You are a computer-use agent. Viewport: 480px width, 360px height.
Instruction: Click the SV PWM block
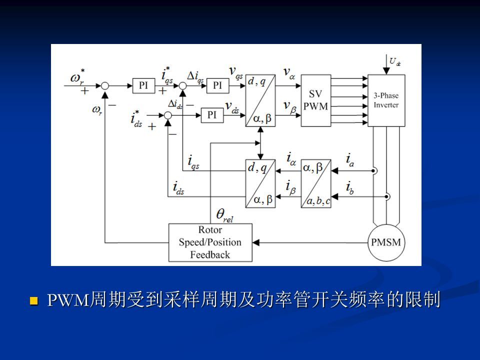click(x=315, y=100)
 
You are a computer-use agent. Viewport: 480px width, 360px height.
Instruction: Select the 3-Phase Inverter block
click(x=386, y=100)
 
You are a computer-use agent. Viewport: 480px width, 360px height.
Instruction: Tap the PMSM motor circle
click(x=386, y=242)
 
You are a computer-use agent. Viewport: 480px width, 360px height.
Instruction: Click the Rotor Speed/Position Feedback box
click(x=210, y=242)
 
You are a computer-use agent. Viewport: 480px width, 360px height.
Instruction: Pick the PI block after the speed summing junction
click(x=143, y=85)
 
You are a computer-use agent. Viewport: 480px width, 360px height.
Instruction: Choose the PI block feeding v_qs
click(x=217, y=85)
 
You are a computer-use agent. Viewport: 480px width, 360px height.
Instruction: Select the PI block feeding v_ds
click(x=212, y=115)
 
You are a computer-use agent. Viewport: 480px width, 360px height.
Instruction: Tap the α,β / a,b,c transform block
click(x=315, y=183)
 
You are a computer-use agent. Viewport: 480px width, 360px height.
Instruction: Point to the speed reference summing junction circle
click(x=105, y=86)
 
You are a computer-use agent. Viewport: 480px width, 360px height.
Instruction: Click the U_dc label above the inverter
click(x=394, y=62)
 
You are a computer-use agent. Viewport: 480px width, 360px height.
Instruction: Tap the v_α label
click(x=289, y=73)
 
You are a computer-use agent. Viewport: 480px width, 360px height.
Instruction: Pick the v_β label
click(x=288, y=105)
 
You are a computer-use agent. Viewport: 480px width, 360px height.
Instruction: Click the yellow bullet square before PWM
click(x=34, y=301)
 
